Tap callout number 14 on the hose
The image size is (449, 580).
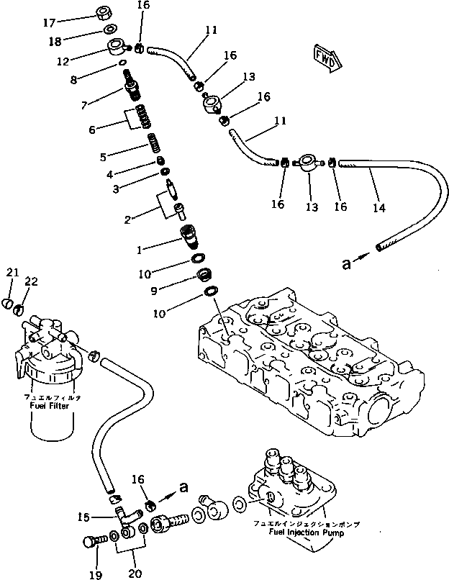click(x=379, y=208)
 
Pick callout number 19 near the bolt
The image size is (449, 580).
click(x=96, y=574)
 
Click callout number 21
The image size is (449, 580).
click(x=12, y=272)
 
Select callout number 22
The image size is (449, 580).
click(x=31, y=281)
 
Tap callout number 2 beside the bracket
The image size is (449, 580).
click(x=127, y=219)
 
